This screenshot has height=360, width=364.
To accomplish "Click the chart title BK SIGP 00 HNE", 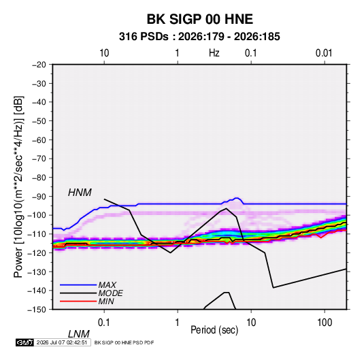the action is (199, 19).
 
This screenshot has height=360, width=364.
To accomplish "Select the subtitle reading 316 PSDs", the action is (144, 37).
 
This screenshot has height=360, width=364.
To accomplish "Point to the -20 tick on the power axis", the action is (39, 65).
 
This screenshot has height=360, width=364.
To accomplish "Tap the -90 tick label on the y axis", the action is (39, 197).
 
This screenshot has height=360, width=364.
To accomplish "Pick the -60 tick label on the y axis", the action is (39, 140).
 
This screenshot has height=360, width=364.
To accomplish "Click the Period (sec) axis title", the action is (214, 330).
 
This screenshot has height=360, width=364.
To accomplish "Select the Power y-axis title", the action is (18, 187).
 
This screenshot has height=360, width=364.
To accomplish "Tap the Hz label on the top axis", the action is (214, 53).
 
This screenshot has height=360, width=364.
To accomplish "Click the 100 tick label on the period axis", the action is (325, 323).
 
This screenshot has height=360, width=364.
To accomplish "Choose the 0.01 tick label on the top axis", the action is (324, 53).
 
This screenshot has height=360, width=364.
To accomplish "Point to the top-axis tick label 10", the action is (104, 53).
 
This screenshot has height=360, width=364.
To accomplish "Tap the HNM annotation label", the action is (80, 193).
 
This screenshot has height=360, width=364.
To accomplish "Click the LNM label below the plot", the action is (79, 334).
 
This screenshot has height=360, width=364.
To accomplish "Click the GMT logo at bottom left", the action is (24, 342).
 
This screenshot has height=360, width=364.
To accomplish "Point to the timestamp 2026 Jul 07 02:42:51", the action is (62, 342).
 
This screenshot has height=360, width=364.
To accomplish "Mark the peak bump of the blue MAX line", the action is (237, 198).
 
